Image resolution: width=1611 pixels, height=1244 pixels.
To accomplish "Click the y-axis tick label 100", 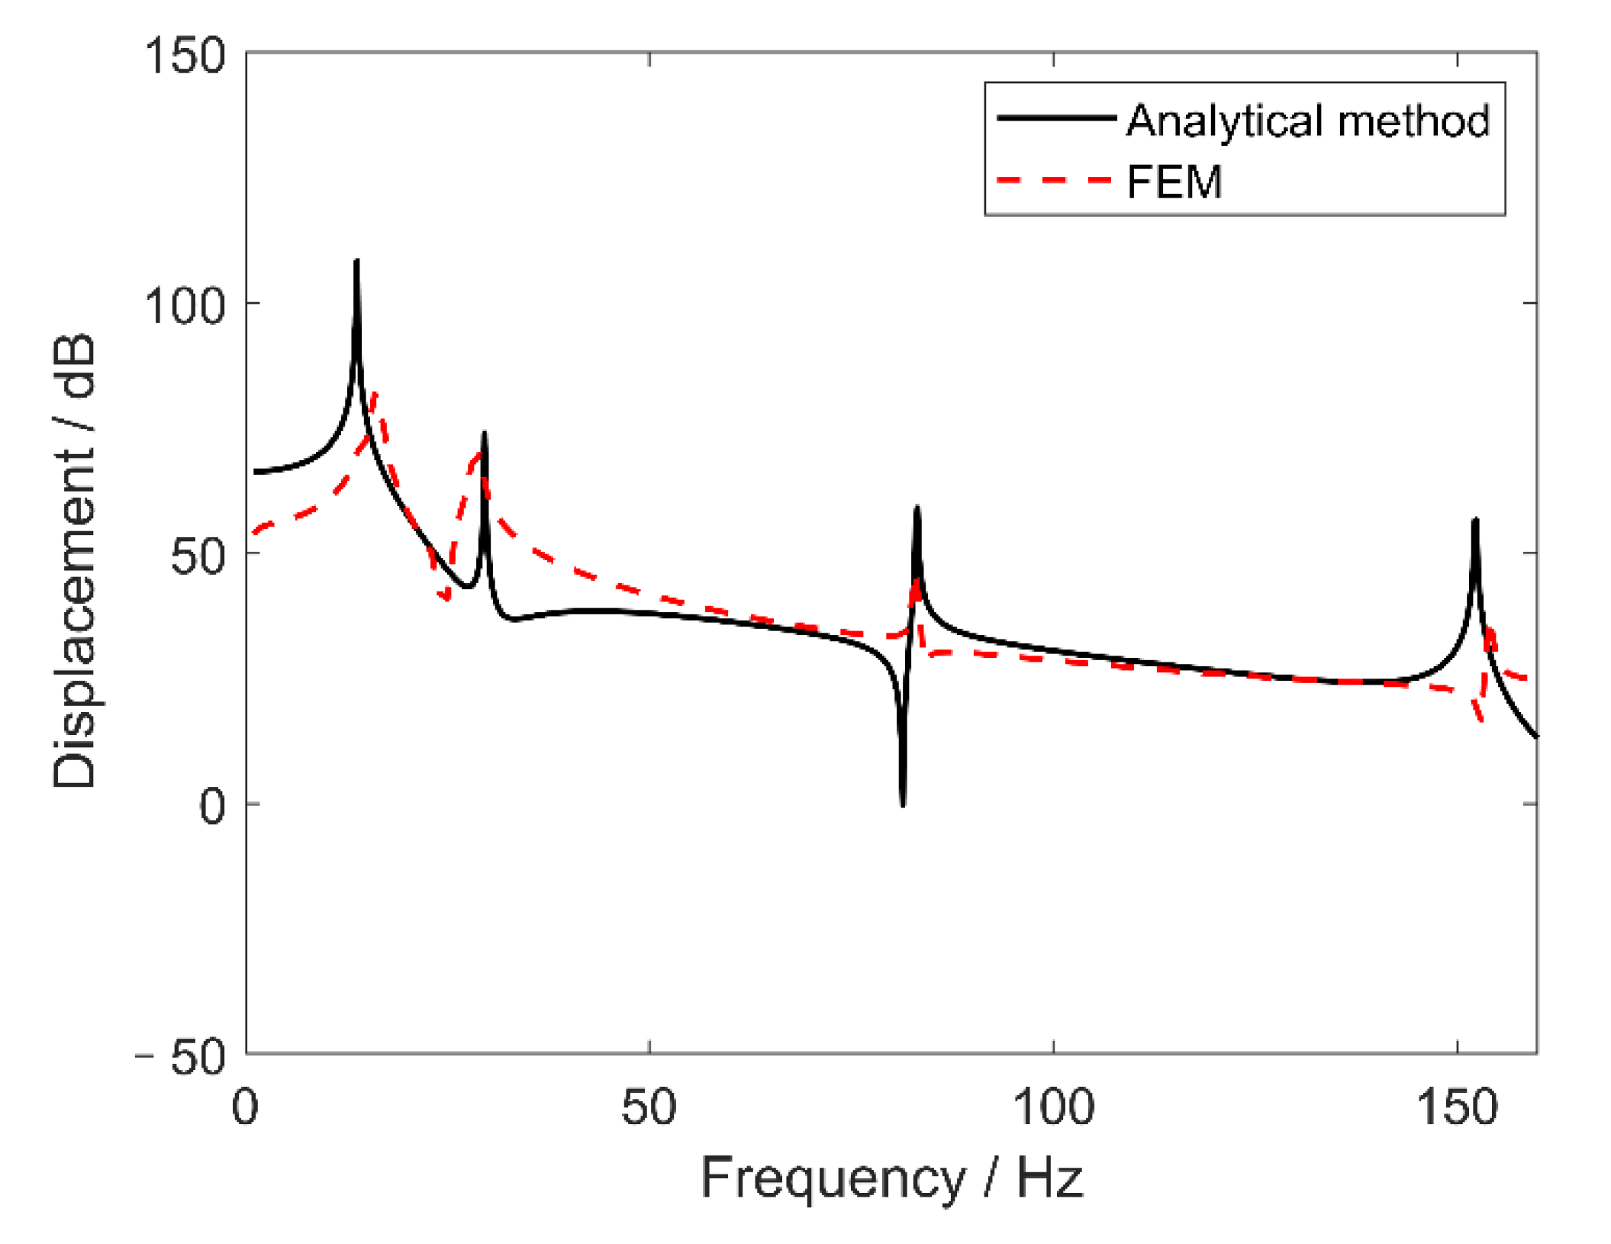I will click(x=185, y=306).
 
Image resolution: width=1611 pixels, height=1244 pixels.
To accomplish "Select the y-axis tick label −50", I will click(x=182, y=1057).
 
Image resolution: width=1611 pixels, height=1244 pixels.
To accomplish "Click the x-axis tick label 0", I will click(x=245, y=1107).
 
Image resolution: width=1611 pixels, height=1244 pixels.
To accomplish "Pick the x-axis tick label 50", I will click(x=649, y=1107).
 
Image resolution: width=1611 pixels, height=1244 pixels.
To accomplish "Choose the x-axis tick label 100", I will click(x=1053, y=1107).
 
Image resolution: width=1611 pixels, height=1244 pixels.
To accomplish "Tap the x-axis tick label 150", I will click(x=1457, y=1107).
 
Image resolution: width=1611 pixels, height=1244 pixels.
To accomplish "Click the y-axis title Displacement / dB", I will click(x=74, y=561).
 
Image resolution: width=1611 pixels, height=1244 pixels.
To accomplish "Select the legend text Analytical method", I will click(x=1307, y=121).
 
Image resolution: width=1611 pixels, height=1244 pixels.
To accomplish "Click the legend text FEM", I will click(x=1174, y=182).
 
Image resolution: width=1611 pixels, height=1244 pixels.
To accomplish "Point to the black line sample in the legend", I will click(x=1056, y=118).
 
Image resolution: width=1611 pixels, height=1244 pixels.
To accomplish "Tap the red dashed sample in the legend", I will click(x=1056, y=180).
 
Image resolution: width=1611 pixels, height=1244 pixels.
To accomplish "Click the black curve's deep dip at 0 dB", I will click(x=903, y=804).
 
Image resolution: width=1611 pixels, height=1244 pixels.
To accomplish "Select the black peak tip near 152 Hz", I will click(x=1475, y=521).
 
